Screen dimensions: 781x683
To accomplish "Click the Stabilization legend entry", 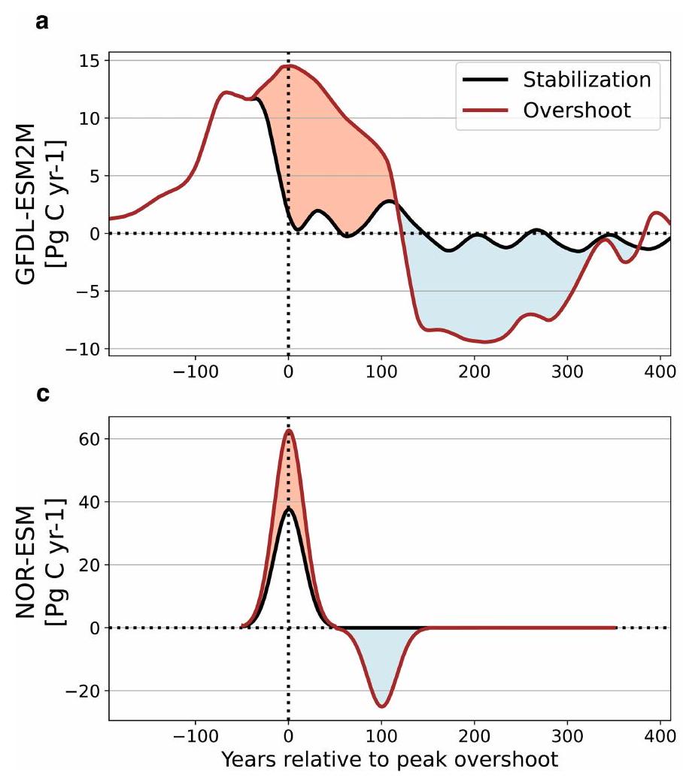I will point(587,79).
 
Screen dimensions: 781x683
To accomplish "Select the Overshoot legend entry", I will point(577,110).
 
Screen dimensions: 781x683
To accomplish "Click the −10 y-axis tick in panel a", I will point(83,349).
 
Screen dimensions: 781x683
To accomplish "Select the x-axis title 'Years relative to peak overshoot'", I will point(390,759).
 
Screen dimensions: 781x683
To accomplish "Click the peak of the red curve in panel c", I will point(288,430).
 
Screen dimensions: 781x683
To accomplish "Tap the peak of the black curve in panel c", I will point(288,508).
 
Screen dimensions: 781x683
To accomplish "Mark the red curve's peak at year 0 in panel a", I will point(289,65).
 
